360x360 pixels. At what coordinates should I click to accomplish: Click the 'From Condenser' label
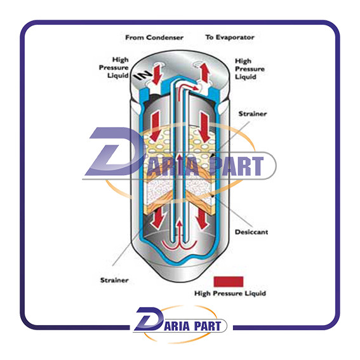pos(154,37)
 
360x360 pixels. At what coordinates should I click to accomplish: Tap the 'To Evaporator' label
pos(230,37)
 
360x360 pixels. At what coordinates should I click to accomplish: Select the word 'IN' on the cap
pos(143,75)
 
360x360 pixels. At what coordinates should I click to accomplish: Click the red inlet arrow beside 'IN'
pos(157,74)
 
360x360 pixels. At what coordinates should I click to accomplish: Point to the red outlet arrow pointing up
pos(205,72)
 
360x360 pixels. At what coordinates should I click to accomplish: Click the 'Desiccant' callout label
pos(251,232)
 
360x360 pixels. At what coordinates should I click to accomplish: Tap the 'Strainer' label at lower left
pos(114,280)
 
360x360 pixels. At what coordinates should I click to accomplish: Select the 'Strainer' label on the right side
pos(253,114)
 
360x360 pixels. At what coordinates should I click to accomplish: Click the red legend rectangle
pos(229,281)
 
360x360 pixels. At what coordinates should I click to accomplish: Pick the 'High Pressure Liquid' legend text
pos(230,293)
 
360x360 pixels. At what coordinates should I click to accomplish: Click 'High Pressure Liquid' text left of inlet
pos(114,67)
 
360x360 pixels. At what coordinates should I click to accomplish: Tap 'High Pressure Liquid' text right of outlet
pos(250,69)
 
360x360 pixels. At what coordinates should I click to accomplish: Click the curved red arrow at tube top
pos(188,87)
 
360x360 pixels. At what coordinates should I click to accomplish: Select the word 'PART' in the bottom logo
pos(208,326)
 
